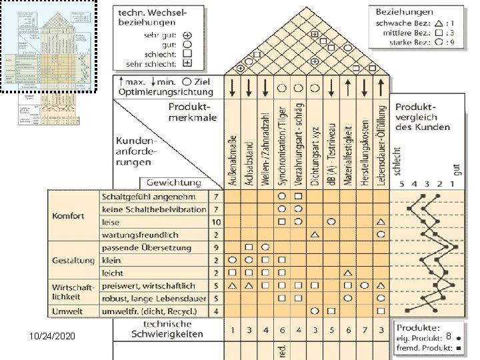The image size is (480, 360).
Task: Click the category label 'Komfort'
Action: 69,216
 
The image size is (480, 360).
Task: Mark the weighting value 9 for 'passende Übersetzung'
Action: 216,247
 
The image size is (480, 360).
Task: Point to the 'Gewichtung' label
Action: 173,183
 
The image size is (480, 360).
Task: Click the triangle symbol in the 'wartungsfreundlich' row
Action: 315,235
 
